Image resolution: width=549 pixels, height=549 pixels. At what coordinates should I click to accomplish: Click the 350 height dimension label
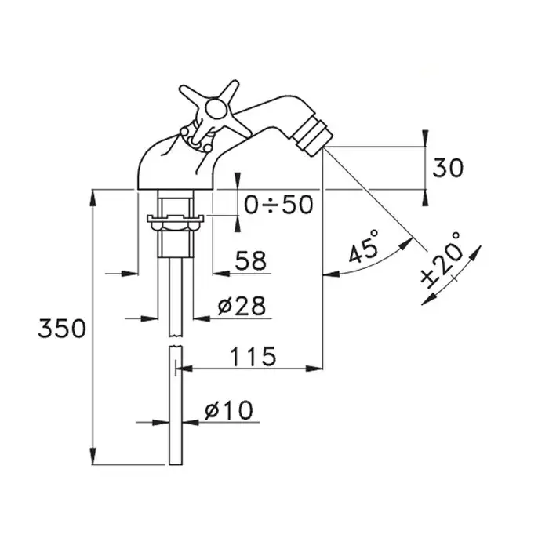click(62, 329)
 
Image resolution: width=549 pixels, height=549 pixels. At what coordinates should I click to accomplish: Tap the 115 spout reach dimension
click(253, 356)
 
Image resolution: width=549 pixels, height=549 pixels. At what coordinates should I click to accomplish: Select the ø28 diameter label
click(242, 306)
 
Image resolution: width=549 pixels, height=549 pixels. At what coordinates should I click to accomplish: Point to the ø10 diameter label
click(228, 410)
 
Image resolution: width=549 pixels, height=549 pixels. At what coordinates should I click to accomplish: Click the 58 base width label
click(251, 260)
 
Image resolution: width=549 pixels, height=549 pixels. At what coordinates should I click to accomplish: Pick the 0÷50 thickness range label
click(278, 205)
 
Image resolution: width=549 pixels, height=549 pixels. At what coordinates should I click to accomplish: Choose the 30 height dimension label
click(448, 168)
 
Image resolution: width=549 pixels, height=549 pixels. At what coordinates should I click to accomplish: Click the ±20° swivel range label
click(441, 260)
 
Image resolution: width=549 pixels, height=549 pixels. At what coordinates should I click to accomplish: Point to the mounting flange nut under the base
click(176, 222)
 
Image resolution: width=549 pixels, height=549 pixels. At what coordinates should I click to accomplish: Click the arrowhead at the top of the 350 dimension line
click(93, 198)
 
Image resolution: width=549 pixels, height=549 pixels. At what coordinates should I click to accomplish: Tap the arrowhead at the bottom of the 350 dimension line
click(93, 456)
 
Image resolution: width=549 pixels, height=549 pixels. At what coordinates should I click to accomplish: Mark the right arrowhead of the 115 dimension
click(314, 369)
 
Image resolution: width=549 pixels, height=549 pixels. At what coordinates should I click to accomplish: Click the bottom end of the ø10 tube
click(176, 464)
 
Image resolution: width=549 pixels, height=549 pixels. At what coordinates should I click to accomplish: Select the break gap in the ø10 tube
click(176, 342)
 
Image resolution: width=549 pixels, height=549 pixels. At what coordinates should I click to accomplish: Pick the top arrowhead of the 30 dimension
click(425, 138)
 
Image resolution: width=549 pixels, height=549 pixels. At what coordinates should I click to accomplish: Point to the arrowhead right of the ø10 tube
click(191, 422)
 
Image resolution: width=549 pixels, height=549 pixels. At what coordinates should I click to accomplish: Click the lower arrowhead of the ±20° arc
click(427, 299)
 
